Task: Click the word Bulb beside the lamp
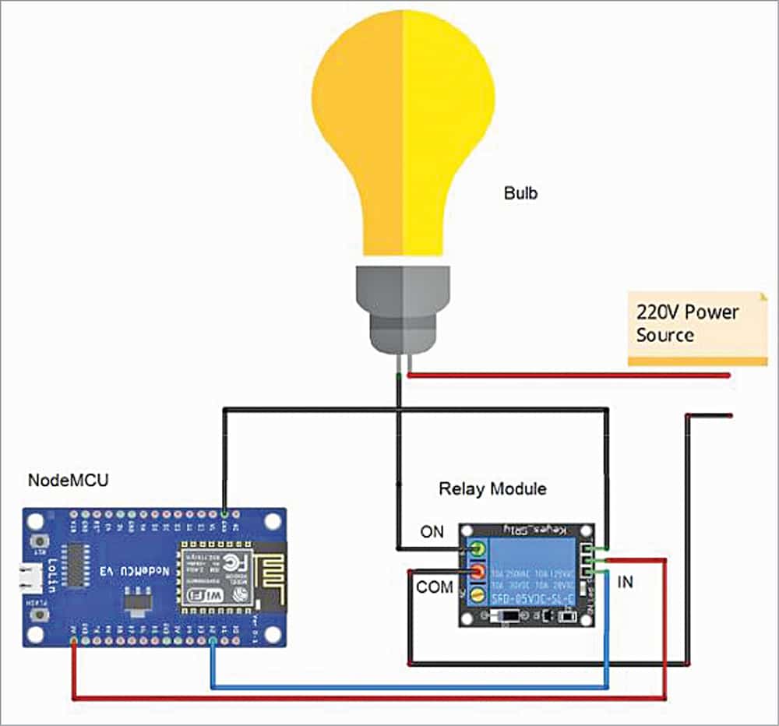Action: pyautogui.click(x=521, y=193)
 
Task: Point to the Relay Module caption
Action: pyautogui.click(x=492, y=489)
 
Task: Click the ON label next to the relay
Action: pyautogui.click(x=431, y=532)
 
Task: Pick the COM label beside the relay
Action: pyautogui.click(x=434, y=587)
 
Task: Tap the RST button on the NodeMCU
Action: pyautogui.click(x=36, y=541)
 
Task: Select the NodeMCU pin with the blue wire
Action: pyautogui.click(x=212, y=640)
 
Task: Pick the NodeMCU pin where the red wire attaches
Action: pyautogui.click(x=74, y=640)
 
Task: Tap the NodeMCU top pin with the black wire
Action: pyautogui.click(x=225, y=515)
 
